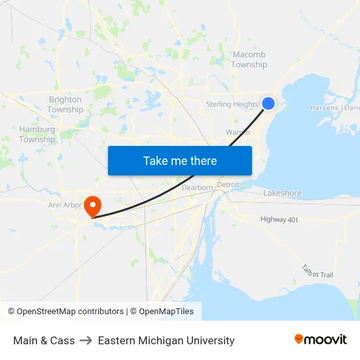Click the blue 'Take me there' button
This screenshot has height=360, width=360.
(x=180, y=160)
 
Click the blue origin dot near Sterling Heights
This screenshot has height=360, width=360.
(x=268, y=103)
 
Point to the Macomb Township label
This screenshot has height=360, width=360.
(x=249, y=60)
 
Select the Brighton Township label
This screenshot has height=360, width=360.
(x=65, y=105)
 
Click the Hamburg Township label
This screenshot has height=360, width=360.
(x=37, y=134)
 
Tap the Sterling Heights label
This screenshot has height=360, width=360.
(x=232, y=104)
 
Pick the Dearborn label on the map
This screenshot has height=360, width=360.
(x=197, y=187)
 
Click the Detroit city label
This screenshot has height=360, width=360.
(x=228, y=185)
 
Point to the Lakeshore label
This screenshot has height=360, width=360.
(x=282, y=193)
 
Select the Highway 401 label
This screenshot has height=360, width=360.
(x=279, y=220)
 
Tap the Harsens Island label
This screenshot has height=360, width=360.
(x=334, y=107)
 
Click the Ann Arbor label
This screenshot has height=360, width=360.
(x=64, y=205)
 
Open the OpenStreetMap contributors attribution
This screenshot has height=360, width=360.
(x=65, y=312)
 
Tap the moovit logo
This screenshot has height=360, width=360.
(x=321, y=340)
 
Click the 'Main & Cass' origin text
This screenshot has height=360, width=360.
(x=44, y=340)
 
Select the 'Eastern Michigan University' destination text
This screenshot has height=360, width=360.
(x=166, y=340)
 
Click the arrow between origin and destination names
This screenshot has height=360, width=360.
(x=86, y=340)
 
